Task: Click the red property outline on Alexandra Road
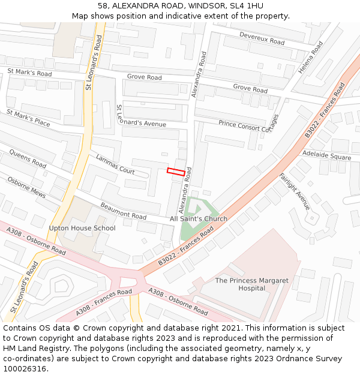pos(176,172)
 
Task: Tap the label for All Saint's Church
pos(199,219)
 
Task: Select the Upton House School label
pos(82,229)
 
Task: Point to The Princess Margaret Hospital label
pos(251,284)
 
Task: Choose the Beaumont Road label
pos(123,211)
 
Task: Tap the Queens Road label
pos(28,159)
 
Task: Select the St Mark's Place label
pos(28,118)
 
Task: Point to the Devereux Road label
pos(262,38)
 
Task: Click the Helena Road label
pos(311,57)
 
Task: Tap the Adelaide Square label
pos(326,155)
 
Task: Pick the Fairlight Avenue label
pos(295,191)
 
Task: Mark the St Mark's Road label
pos(29,73)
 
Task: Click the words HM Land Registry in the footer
pos(30,348)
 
